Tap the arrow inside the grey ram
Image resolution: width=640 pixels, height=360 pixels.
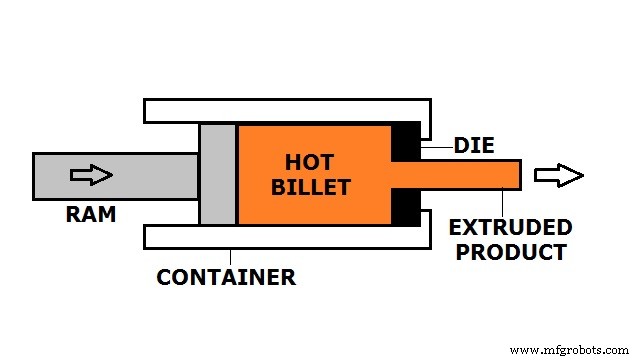tap(91, 175)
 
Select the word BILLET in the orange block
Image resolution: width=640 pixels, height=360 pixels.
tap(317, 187)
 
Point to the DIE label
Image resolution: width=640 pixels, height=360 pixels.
tap(473, 146)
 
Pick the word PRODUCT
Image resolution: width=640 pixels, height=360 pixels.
tap(511, 252)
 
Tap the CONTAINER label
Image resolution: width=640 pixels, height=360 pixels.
tap(226, 277)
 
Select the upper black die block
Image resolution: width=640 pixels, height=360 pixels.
tap(406, 141)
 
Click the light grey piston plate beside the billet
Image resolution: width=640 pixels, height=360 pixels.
tap(217, 174)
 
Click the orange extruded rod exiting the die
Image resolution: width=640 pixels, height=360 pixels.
tap(470, 174)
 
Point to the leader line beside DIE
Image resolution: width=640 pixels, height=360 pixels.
tap(437, 146)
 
